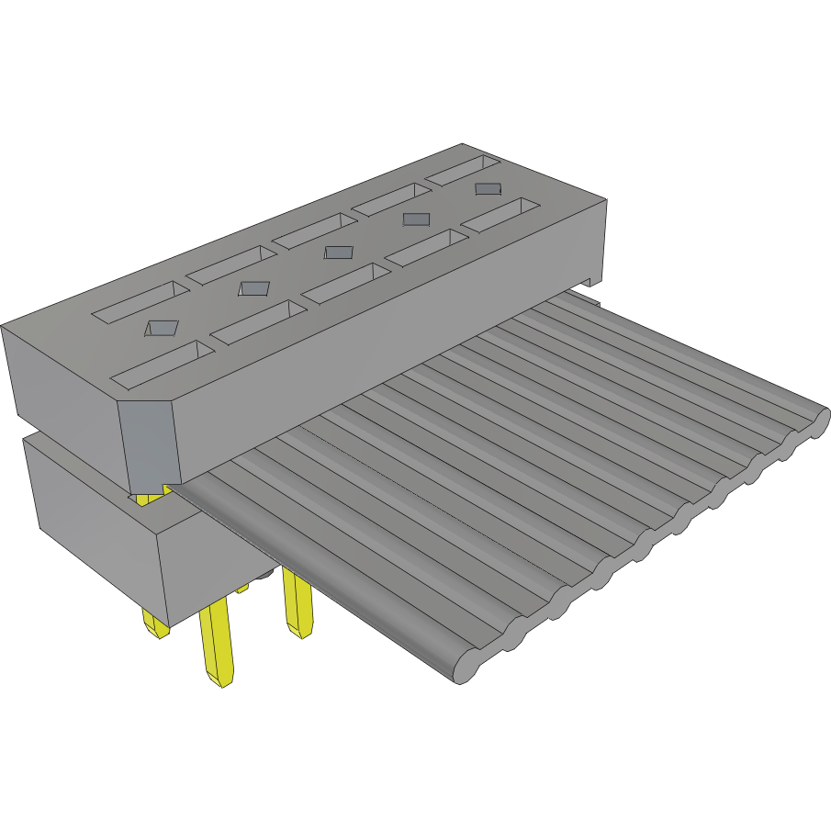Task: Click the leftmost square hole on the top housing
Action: pyautogui.click(x=163, y=327)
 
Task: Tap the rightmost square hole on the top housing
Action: pyautogui.click(x=488, y=189)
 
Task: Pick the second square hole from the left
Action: pyautogui.click(x=253, y=288)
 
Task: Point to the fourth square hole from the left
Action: pyautogui.click(x=416, y=219)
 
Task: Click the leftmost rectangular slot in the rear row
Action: pyautogui.click(x=140, y=302)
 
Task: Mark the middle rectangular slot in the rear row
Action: pyautogui.click(x=314, y=230)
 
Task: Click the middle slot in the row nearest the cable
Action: pyautogui.click(x=343, y=283)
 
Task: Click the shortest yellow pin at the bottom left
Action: pyautogui.click(x=153, y=624)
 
